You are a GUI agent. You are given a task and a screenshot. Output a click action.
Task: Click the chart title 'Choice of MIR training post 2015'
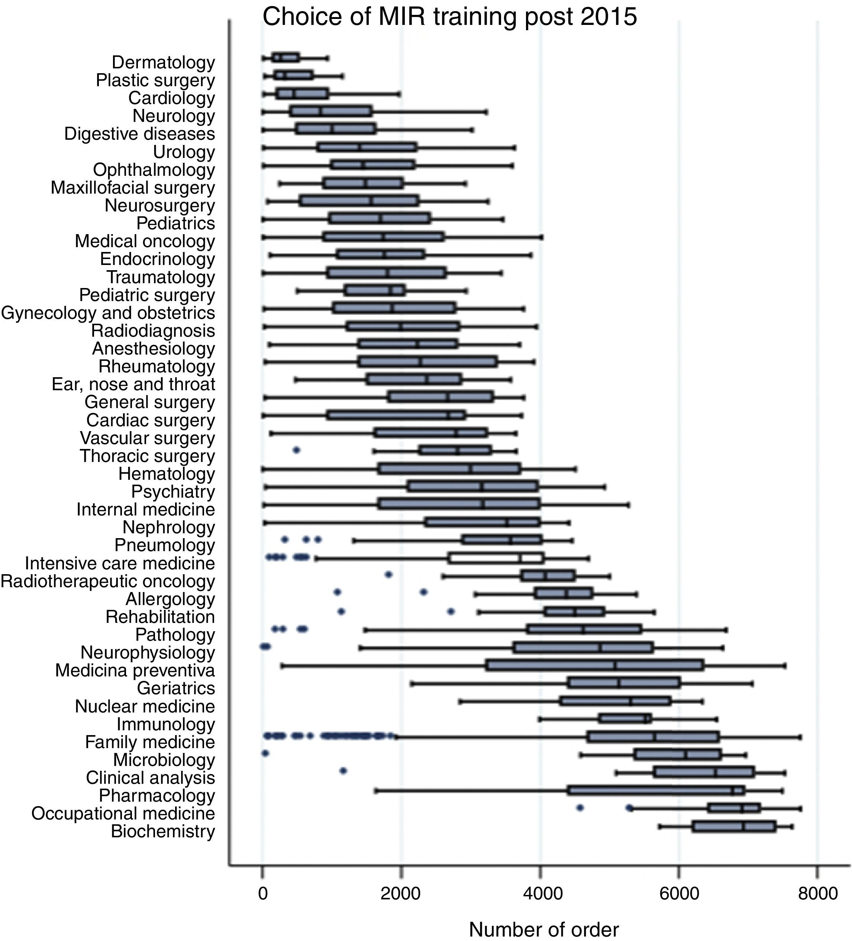[449, 17]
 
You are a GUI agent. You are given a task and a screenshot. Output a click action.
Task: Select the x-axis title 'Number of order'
[543, 930]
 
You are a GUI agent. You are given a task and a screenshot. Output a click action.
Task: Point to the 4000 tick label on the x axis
[540, 892]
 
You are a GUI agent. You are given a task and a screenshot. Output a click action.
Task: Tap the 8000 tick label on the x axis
[817, 892]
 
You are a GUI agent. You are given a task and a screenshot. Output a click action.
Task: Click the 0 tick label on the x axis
[263, 892]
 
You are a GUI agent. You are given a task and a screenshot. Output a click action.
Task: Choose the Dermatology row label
[164, 62]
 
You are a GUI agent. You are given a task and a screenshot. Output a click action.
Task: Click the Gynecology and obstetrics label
[108, 313]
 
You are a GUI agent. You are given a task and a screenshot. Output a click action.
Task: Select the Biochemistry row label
[163, 831]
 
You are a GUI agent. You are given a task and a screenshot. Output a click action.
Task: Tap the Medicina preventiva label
[135, 670]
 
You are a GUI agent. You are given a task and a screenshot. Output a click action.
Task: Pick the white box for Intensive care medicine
[496, 558]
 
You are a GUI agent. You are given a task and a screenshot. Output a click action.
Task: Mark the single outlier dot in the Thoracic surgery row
[296, 450]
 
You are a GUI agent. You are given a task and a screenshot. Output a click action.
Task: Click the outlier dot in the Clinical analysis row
[343, 771]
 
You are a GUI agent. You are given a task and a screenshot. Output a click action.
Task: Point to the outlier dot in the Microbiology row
[265, 753]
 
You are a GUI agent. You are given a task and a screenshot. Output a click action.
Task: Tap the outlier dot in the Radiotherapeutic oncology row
[388, 575]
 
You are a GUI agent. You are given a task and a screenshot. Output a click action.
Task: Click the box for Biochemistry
[734, 827]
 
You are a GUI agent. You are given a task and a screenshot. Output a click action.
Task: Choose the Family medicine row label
[150, 742]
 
